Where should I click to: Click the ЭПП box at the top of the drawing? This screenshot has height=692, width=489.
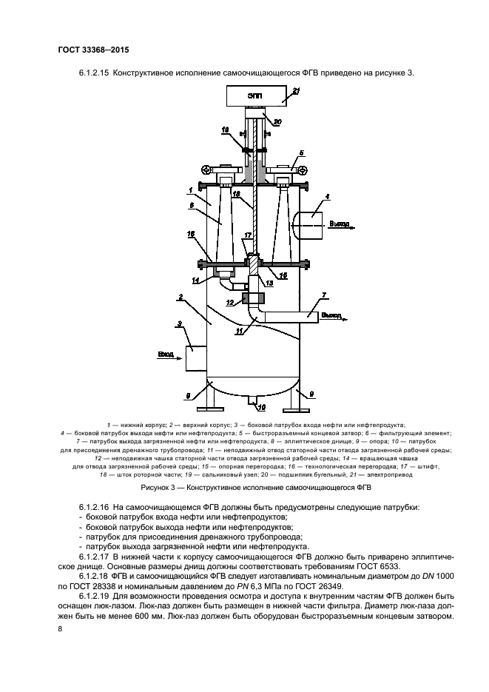tap(256, 95)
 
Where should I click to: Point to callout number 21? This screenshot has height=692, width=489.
tap(295, 90)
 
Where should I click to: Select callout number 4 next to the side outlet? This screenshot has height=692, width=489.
tap(327, 197)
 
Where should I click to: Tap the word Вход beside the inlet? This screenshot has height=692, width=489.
tap(166, 355)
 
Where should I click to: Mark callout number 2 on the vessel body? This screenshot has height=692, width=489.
tap(180, 298)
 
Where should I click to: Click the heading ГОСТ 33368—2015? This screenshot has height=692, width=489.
tap(88, 51)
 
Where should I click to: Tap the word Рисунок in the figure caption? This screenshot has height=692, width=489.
tap(158, 488)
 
